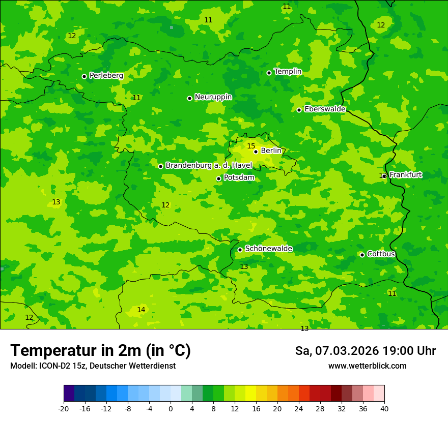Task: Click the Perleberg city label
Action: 106,76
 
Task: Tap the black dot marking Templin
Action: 269,73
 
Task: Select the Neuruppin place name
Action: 213,97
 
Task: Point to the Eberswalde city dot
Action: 299,110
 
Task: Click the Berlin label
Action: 271,151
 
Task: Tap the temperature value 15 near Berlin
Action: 251,146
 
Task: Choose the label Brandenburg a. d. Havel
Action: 209,166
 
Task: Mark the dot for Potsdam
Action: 218,178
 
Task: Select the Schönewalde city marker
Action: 240,250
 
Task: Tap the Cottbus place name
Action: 381,254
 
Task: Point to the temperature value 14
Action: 141,310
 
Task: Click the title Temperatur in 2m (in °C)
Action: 100,351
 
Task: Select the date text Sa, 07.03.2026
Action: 337,351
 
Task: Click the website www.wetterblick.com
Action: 367,366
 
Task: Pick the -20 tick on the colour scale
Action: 64,408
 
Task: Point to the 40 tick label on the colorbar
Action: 384,408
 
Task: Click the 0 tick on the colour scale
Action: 171,408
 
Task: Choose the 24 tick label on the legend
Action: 299,408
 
